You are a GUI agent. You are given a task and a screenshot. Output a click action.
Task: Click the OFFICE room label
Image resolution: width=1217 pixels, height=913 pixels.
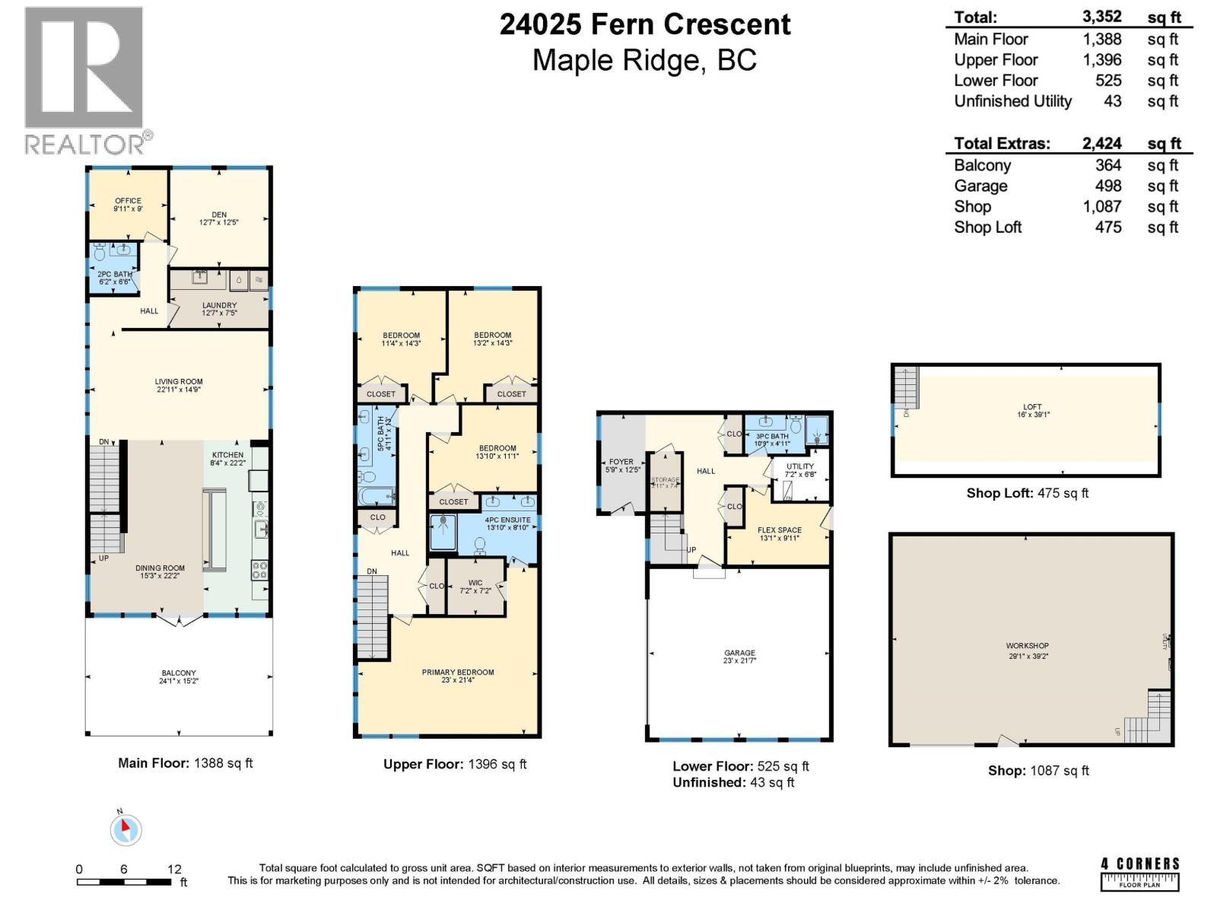tap(128, 201)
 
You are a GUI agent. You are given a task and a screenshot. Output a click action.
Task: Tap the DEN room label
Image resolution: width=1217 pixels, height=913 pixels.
tap(219, 215)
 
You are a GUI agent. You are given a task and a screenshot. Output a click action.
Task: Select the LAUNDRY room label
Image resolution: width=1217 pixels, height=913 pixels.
tap(219, 306)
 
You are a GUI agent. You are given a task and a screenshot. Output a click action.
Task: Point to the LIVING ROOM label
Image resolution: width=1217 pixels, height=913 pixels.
tap(179, 382)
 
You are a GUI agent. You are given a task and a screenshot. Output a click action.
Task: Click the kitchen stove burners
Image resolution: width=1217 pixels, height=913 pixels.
tap(259, 570)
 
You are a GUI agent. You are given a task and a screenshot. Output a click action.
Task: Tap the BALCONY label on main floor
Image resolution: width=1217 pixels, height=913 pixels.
tap(179, 673)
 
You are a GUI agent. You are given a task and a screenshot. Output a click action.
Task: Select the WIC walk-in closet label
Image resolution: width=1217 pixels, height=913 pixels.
tap(475, 584)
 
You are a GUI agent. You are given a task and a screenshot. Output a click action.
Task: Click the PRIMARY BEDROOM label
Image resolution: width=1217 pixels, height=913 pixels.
tap(458, 673)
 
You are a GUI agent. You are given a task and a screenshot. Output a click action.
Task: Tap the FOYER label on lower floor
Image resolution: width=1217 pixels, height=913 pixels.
tap(621, 462)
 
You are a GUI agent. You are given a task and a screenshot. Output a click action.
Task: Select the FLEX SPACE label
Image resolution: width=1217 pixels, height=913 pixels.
tap(780, 530)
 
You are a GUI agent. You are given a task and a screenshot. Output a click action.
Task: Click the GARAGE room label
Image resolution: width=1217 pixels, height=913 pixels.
tap(739, 653)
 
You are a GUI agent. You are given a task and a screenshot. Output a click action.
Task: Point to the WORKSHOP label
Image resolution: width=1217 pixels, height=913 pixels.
tap(1028, 646)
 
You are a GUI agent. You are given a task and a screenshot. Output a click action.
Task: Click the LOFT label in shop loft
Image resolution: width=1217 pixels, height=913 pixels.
tap(1032, 407)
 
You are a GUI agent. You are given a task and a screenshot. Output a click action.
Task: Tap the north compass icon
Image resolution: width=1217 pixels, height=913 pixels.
tap(126, 829)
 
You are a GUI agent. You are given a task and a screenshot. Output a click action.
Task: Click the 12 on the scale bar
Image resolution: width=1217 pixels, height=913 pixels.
tap(174, 869)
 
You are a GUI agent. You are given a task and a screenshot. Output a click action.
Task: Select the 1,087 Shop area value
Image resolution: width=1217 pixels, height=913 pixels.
tap(1102, 206)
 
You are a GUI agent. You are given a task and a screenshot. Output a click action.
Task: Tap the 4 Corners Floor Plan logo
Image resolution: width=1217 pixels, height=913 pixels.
tap(1139, 873)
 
